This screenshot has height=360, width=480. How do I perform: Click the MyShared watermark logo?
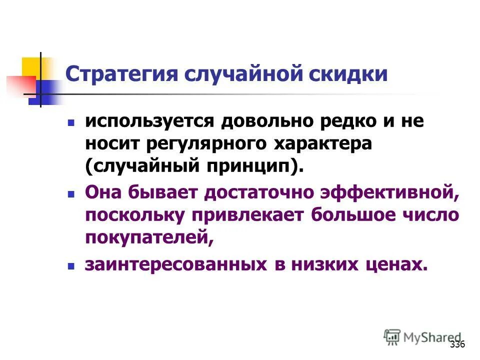(x=422, y=338)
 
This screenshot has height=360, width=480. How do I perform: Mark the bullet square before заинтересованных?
(x=71, y=266)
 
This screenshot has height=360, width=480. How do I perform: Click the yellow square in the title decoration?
(x=31, y=67)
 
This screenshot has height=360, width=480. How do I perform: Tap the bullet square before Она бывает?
(x=71, y=192)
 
